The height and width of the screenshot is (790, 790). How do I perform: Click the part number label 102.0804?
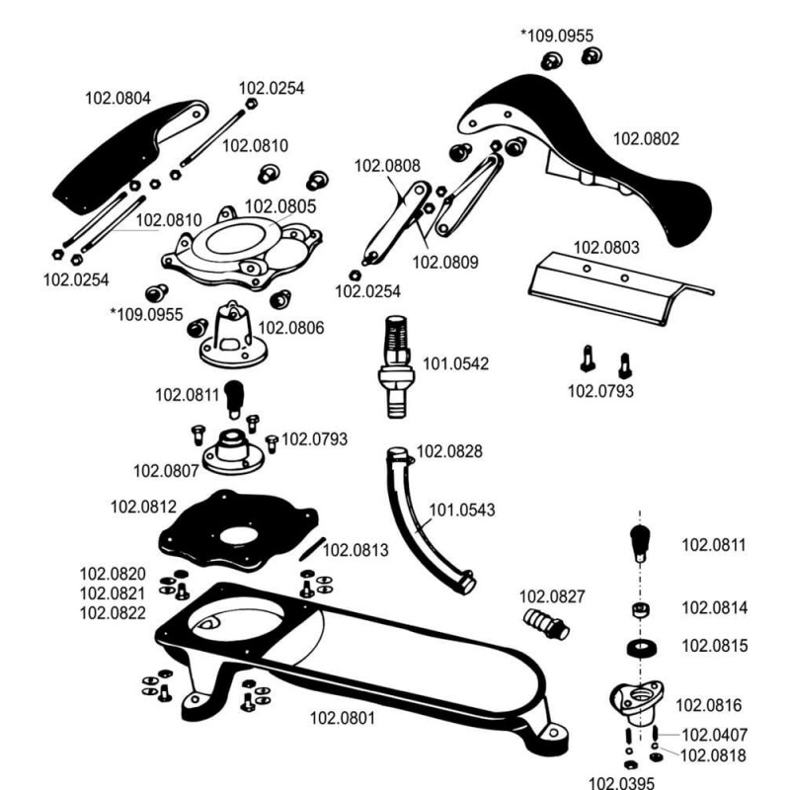[x=118, y=98]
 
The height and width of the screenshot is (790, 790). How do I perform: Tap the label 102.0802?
[x=647, y=139]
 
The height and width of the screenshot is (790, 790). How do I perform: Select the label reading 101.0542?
[x=456, y=363]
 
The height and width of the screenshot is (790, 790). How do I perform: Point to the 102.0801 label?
[x=344, y=718]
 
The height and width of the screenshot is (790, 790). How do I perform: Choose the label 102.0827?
[x=552, y=595]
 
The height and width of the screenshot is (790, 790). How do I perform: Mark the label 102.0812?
[x=143, y=507]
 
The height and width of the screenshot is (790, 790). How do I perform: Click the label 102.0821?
[x=113, y=593]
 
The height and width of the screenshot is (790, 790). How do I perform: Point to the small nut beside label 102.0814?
[x=641, y=608]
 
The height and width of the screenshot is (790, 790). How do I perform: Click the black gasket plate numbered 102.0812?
[x=238, y=534]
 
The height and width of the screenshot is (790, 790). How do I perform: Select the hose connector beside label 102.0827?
[x=542, y=623]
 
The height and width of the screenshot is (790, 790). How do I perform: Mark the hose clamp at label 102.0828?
[x=397, y=455]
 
